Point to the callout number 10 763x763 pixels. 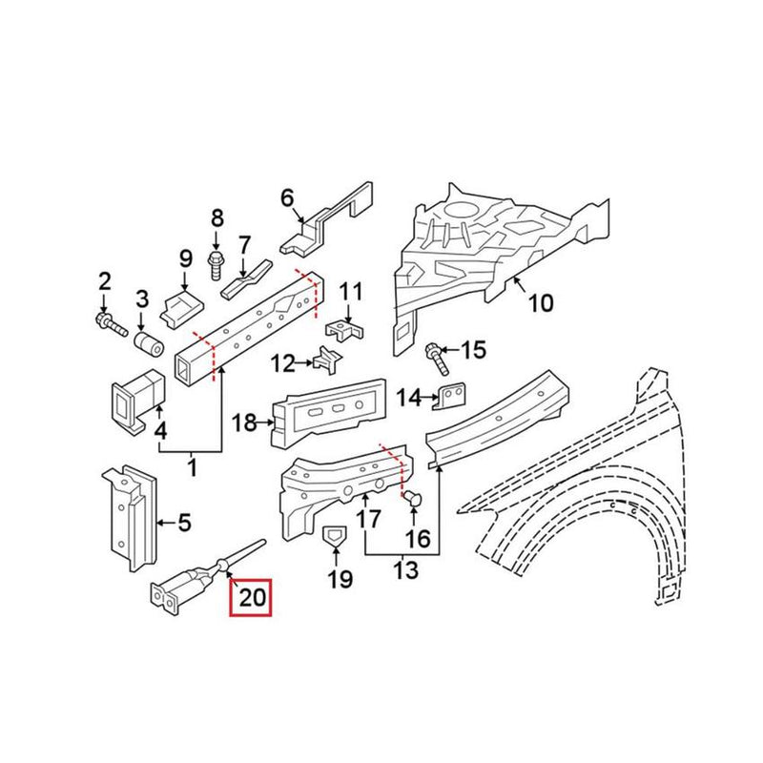click(540, 303)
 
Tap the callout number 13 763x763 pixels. click(406, 570)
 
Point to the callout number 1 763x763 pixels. click(194, 468)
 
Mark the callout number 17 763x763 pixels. click(368, 519)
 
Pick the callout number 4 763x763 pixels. click(161, 430)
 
